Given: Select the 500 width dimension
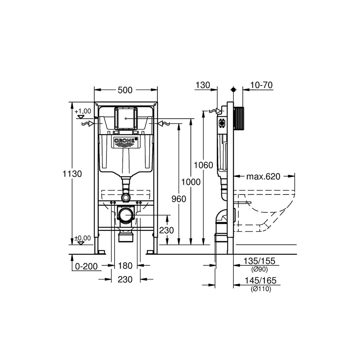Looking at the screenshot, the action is [x=125, y=90].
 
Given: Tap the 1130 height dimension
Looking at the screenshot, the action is [x=72, y=174].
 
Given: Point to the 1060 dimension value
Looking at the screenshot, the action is [x=204, y=165].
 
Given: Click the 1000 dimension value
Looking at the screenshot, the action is [x=191, y=182].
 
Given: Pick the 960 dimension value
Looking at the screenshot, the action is [x=179, y=199].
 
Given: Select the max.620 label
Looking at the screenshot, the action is [x=263, y=176].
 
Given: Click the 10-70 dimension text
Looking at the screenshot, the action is [x=261, y=85].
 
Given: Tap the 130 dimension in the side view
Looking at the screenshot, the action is [x=203, y=85].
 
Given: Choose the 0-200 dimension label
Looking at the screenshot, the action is [x=86, y=266].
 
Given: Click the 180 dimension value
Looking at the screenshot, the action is [x=125, y=266].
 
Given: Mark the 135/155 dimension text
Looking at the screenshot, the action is [x=259, y=261].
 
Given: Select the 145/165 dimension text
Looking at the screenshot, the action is [x=261, y=281].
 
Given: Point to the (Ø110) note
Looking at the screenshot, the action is [x=261, y=289].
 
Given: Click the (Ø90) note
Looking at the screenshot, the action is [x=259, y=269].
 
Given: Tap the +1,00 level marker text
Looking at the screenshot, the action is [x=83, y=111].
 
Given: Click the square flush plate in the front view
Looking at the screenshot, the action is [x=125, y=118].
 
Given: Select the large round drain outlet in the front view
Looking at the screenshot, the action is [x=126, y=216].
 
